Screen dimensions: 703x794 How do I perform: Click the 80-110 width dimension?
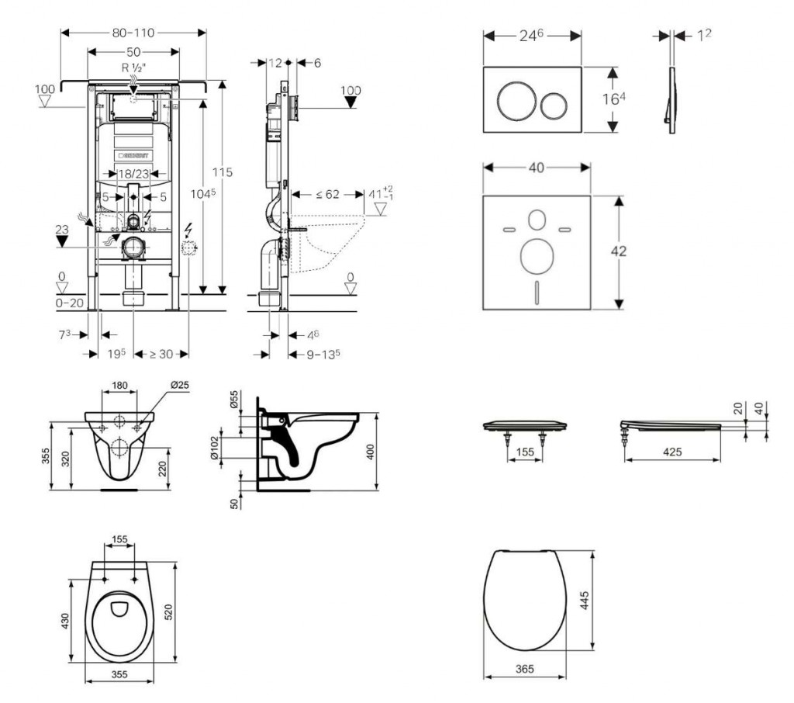point(133,33)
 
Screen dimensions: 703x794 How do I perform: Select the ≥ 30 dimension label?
point(161,354)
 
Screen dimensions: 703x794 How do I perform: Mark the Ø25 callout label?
point(179,385)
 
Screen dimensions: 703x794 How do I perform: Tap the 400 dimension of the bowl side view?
point(371,452)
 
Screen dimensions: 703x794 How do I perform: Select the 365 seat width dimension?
point(525,667)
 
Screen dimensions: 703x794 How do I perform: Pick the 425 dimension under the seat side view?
point(671,452)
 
